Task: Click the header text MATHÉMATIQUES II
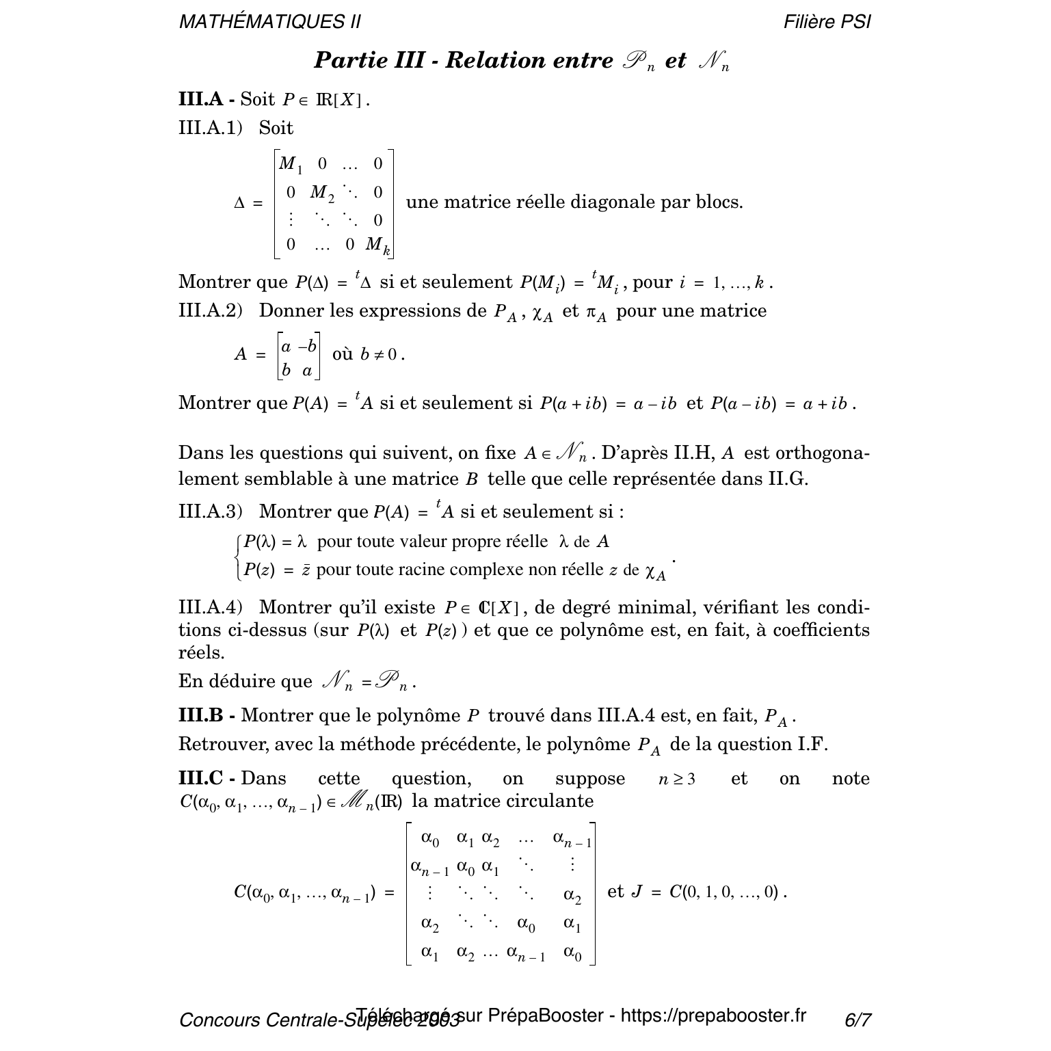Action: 269,22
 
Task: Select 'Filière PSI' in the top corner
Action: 827,22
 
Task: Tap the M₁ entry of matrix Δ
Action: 290,164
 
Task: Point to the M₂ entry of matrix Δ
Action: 322,194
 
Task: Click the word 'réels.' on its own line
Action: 201,653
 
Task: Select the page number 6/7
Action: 857,1020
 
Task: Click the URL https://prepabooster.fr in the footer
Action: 713,1016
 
